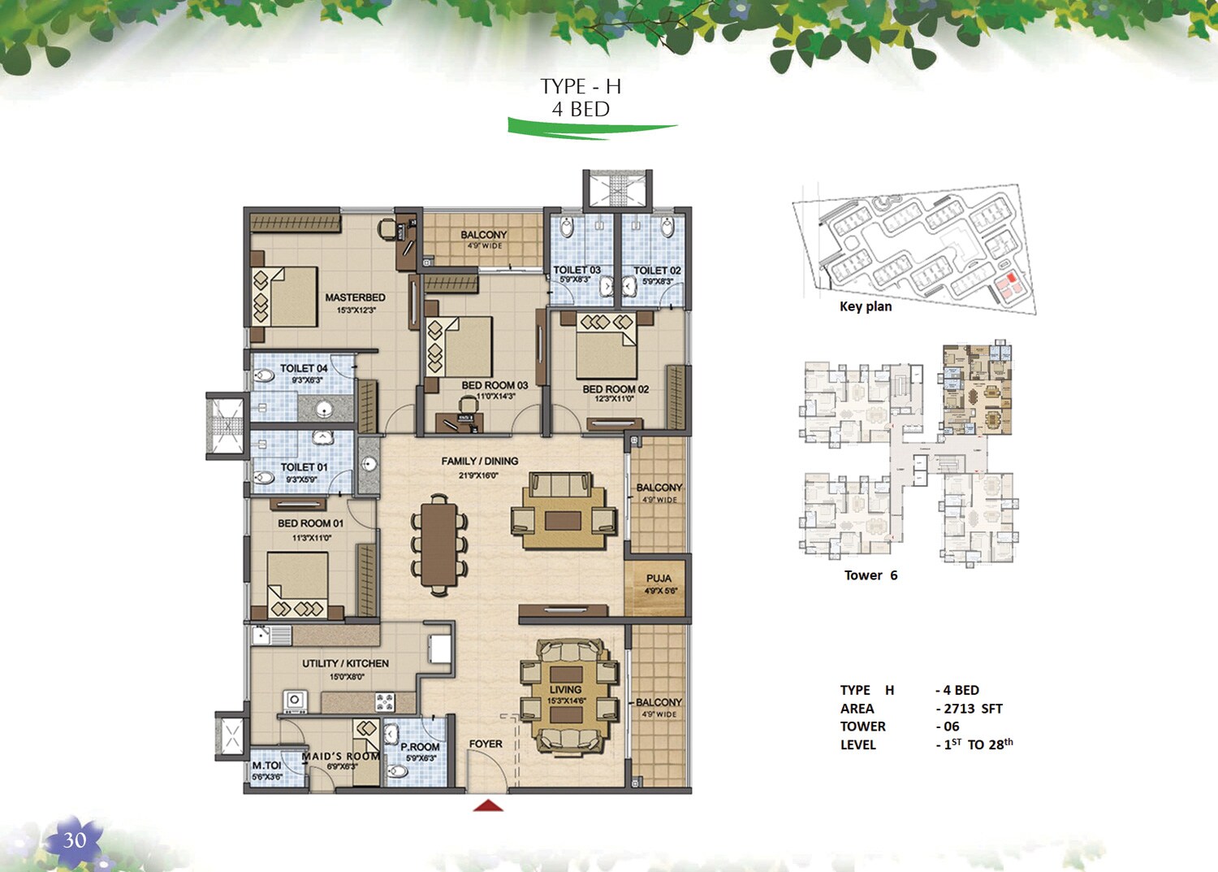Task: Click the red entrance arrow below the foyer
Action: (488, 805)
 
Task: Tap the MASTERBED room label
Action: (355, 297)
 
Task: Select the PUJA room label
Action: (659, 579)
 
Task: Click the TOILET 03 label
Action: (577, 270)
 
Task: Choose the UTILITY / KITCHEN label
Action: (345, 663)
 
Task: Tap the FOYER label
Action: (486, 744)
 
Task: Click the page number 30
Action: (75, 840)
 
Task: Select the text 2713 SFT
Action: (973, 709)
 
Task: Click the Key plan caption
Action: (866, 306)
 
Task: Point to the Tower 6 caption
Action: (870, 575)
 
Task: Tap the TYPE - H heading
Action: (581, 86)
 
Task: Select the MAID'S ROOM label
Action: (340, 757)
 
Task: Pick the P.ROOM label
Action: (420, 747)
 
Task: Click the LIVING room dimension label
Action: (566, 701)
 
